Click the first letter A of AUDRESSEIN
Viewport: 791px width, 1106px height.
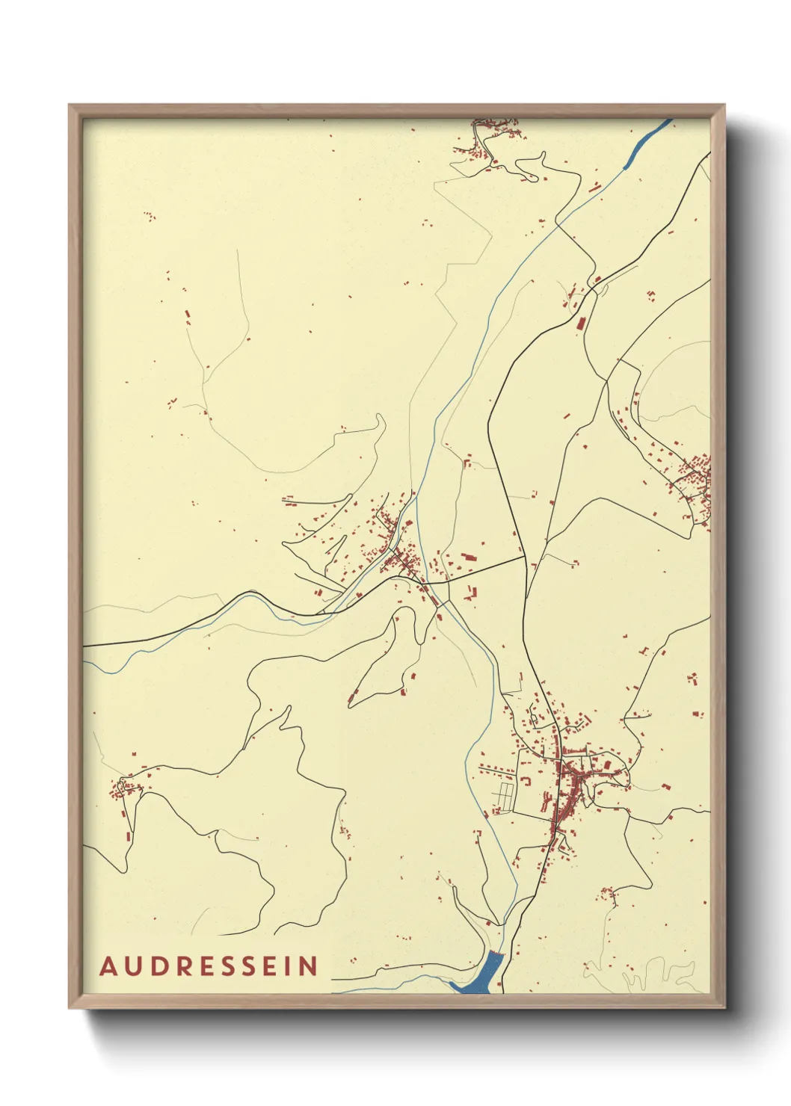tap(108, 966)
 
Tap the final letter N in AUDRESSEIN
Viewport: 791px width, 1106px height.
tap(309, 966)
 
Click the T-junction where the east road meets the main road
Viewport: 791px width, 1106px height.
tap(524, 556)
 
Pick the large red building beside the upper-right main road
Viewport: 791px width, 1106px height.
tap(579, 323)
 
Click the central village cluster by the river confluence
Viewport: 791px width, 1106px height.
tap(396, 553)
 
